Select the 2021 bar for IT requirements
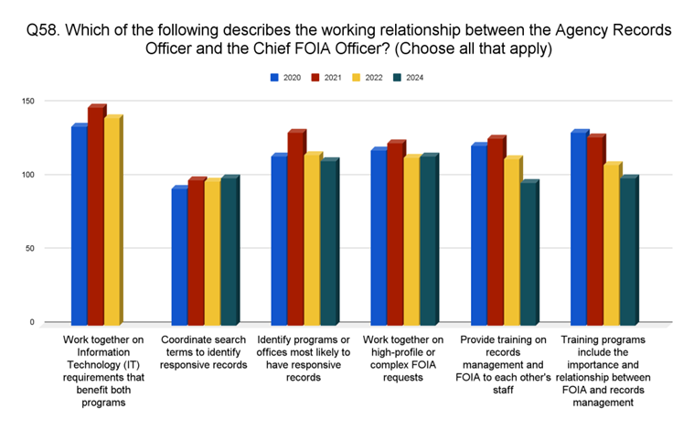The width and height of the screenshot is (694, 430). point(96,216)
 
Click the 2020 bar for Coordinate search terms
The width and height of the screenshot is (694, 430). point(179,256)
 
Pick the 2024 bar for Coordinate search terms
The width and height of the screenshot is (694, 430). point(229,251)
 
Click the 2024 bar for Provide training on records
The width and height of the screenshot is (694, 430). point(528,253)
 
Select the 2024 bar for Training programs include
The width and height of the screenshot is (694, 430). point(627,251)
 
